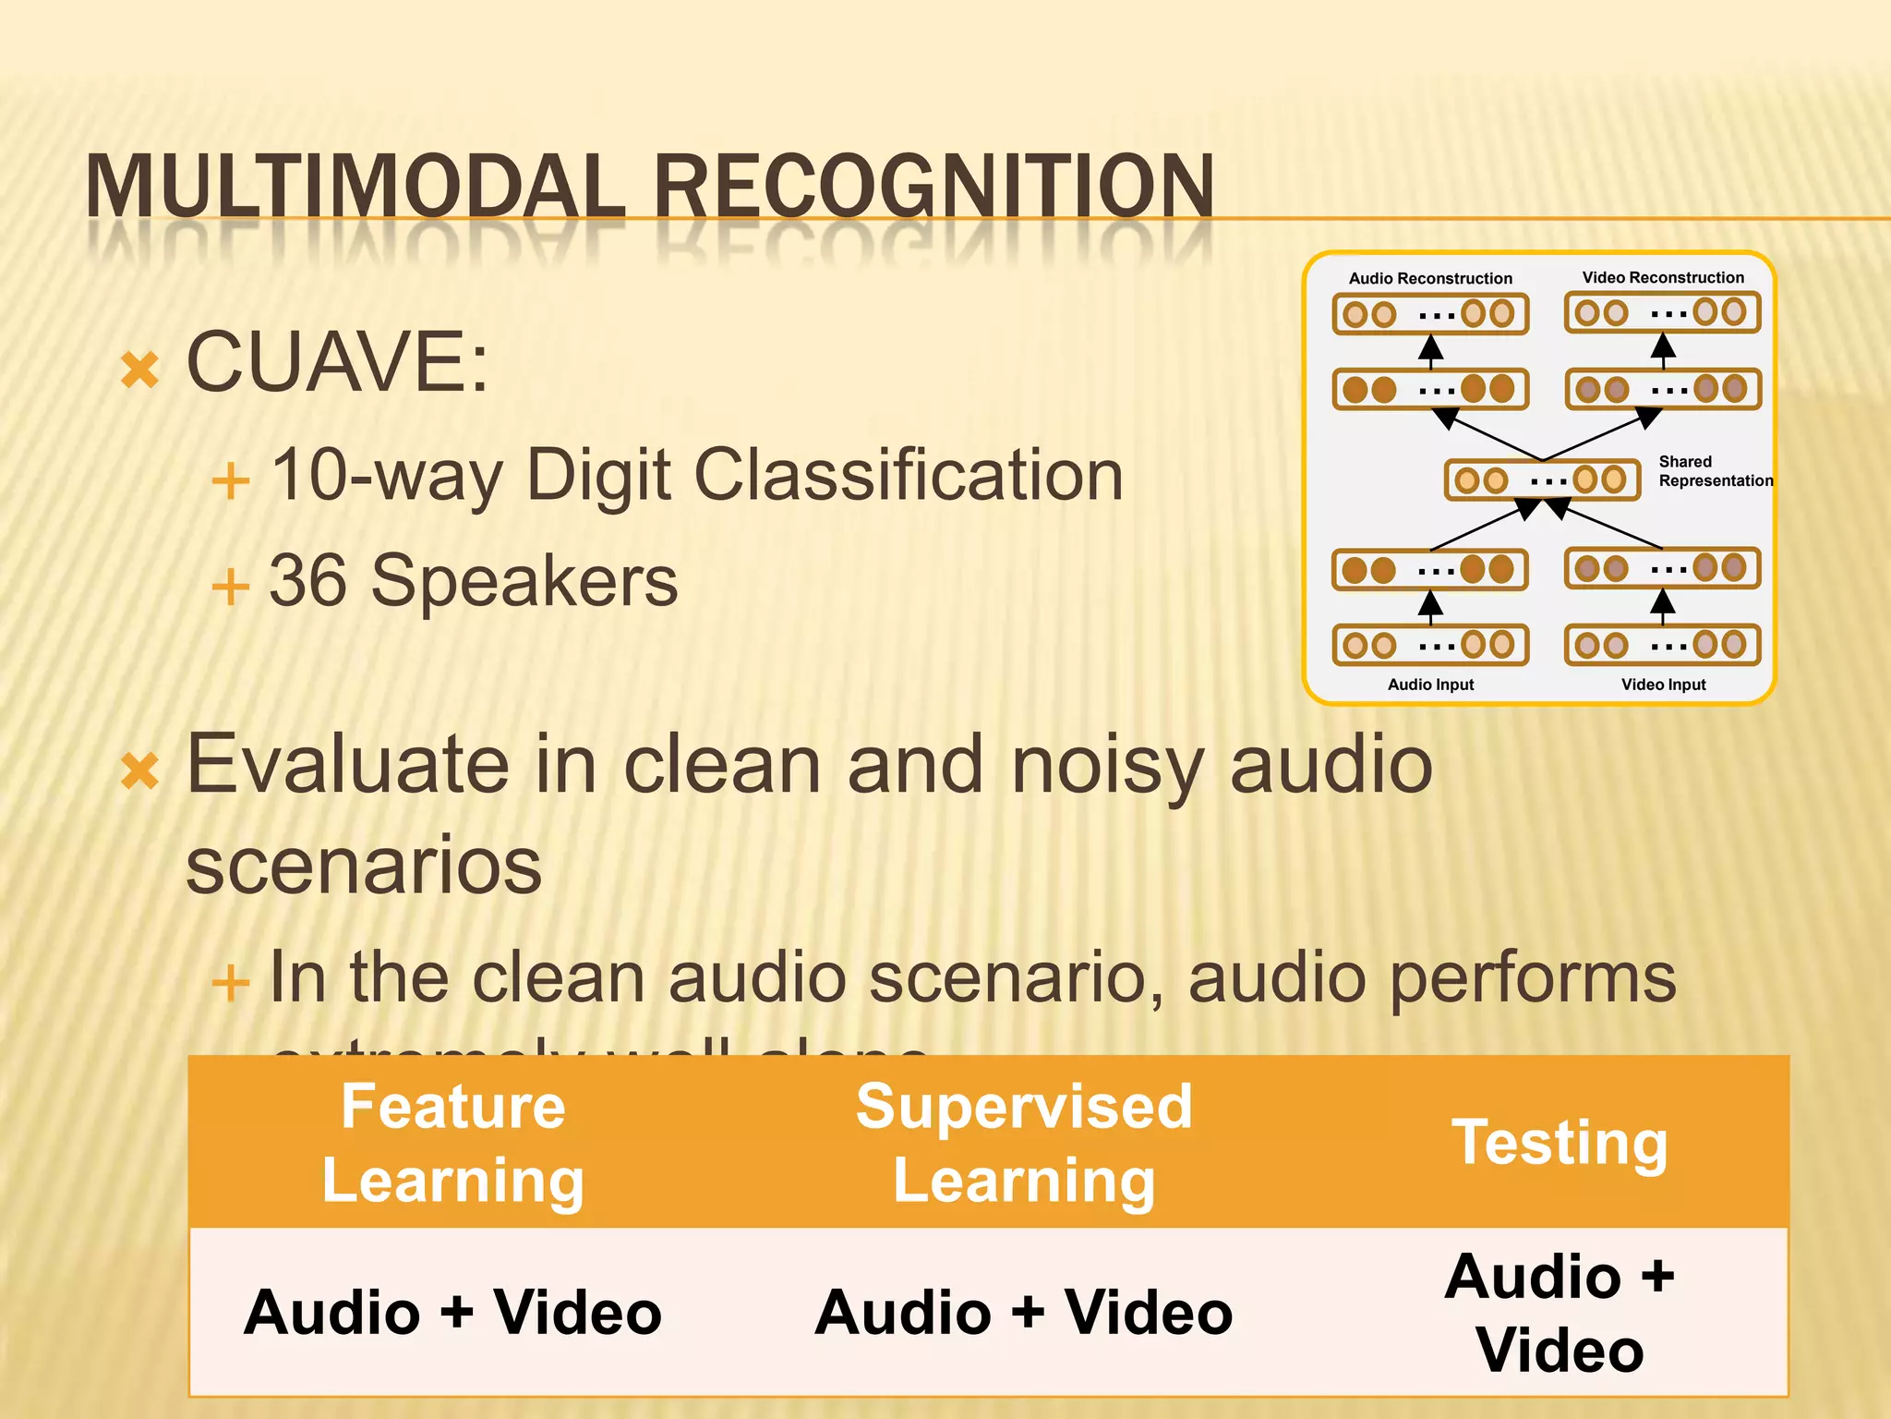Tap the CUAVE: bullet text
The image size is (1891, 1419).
click(x=337, y=362)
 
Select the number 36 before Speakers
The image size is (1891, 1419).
click(x=308, y=581)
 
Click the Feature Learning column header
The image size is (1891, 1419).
click(x=453, y=1143)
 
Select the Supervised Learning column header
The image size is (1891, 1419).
click(x=1024, y=1143)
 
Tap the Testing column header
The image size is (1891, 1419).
click(x=1560, y=1143)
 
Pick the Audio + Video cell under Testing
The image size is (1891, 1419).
click(x=1560, y=1313)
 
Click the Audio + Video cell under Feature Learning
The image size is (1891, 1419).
click(x=453, y=1313)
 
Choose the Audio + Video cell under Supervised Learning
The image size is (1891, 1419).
click(x=1024, y=1313)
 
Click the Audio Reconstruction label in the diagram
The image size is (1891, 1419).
click(x=1430, y=278)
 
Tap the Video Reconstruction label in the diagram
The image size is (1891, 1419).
click(x=1663, y=277)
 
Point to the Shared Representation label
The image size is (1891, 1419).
click(x=1715, y=471)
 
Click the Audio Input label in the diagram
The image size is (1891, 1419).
click(x=1430, y=685)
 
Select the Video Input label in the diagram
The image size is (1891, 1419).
click(x=1663, y=685)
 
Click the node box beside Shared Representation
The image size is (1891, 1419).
click(x=1542, y=479)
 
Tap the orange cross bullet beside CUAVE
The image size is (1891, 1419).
click(x=140, y=370)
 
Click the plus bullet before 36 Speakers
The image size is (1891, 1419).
click(x=231, y=587)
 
